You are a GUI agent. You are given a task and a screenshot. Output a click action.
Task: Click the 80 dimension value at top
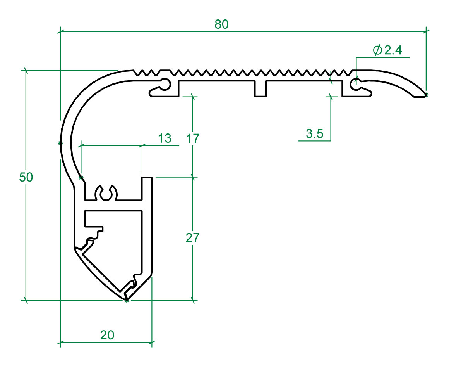(x=222, y=24)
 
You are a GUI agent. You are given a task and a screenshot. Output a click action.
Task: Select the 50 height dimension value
(x=26, y=177)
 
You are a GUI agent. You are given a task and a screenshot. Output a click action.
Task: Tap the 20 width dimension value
(x=107, y=335)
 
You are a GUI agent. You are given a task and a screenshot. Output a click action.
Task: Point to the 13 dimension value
(x=165, y=138)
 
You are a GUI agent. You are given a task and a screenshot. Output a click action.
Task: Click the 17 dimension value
(x=192, y=138)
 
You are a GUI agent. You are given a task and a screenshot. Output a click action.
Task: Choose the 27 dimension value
(x=192, y=238)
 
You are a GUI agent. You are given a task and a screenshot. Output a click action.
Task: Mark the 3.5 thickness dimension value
(x=314, y=134)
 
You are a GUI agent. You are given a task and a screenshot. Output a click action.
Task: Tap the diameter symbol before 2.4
(x=377, y=50)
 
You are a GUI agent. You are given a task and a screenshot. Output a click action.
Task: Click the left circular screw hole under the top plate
(x=165, y=84)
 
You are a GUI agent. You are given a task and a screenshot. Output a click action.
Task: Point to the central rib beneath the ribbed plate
(x=260, y=89)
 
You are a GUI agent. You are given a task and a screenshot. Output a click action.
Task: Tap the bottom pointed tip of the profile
(x=127, y=299)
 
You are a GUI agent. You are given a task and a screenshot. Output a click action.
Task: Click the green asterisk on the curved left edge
(x=60, y=143)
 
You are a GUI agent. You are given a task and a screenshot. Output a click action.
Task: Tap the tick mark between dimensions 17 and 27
(x=193, y=177)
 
